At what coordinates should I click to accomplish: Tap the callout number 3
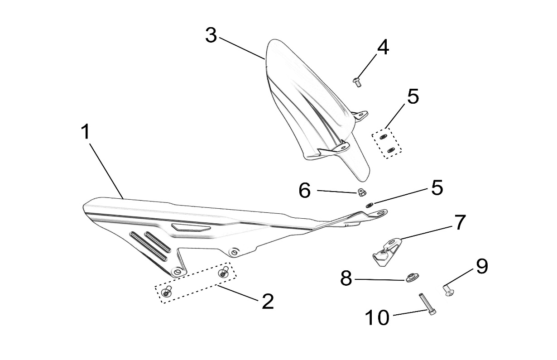(211, 35)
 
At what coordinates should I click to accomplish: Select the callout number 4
(383, 48)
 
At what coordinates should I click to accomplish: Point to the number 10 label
(377, 317)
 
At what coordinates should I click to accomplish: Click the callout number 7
(460, 222)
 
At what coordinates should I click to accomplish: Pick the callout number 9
(481, 267)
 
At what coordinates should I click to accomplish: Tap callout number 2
(268, 301)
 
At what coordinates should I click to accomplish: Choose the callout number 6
(305, 191)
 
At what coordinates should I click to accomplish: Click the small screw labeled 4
(356, 82)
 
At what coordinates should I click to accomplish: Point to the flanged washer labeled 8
(412, 277)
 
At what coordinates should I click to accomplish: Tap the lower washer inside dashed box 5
(392, 150)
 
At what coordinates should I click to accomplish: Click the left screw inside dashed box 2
(167, 292)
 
